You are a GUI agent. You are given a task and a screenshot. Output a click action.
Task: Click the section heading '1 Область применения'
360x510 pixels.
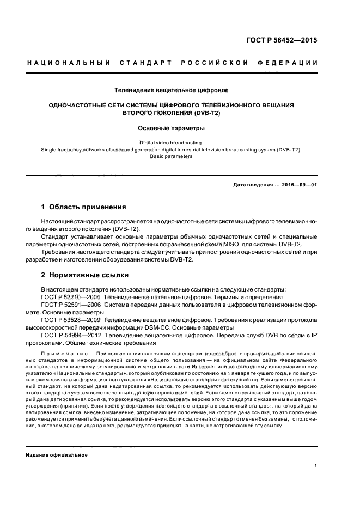pyautogui.click(x=84, y=207)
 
